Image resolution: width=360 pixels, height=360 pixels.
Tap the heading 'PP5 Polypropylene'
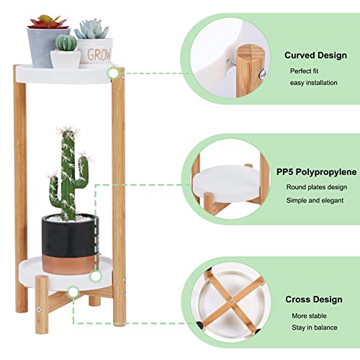(315, 173)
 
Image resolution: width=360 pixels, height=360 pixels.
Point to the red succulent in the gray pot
(48, 22)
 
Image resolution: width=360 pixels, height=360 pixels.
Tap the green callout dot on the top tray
(113, 73)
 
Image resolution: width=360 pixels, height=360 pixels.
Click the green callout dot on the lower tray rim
(94, 276)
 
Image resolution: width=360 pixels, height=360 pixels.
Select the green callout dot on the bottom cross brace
(72, 292)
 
